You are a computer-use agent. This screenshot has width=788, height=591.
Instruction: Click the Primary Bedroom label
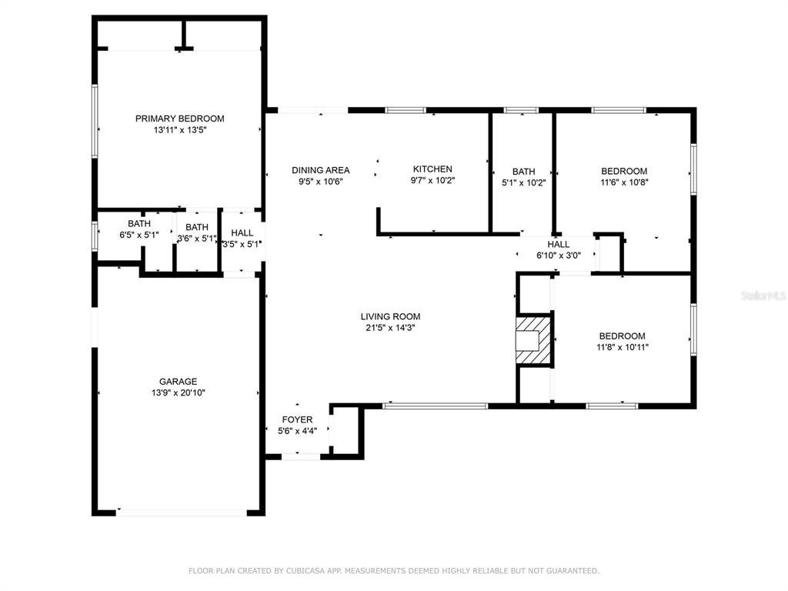pos(179,119)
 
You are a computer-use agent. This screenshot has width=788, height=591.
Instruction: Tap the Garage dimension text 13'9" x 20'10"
pos(179,392)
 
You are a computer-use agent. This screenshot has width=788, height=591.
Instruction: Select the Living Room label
pos(390,316)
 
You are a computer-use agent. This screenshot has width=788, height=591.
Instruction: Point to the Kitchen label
pos(432,169)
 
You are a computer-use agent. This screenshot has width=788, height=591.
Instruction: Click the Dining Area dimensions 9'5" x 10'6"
pos(321,182)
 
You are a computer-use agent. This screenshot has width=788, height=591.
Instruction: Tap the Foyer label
pos(298,419)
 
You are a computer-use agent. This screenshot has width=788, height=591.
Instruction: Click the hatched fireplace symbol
pos(534,339)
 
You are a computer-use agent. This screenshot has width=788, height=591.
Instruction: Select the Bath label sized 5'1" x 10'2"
pos(523,172)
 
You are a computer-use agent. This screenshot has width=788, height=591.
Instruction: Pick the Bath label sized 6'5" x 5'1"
pos(139,224)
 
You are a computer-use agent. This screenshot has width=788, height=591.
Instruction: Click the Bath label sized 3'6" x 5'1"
pos(197,227)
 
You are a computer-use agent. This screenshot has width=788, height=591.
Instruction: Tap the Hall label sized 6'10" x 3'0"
pos(559,244)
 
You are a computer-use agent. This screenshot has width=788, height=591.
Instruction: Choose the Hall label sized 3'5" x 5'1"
pos(242,232)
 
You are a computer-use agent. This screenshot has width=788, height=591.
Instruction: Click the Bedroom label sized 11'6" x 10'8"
pos(624,171)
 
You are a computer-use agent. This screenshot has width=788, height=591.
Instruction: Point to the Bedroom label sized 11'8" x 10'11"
pos(622,336)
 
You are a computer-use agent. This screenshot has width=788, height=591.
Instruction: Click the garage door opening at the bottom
pos(182,513)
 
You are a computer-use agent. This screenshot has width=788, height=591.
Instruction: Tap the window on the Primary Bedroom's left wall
pos(95,121)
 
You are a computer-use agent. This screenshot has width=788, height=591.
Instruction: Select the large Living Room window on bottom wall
pos(436,406)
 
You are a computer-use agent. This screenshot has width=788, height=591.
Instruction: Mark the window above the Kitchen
pos(406,110)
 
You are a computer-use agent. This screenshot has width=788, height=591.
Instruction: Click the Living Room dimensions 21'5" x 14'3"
pos(390,328)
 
